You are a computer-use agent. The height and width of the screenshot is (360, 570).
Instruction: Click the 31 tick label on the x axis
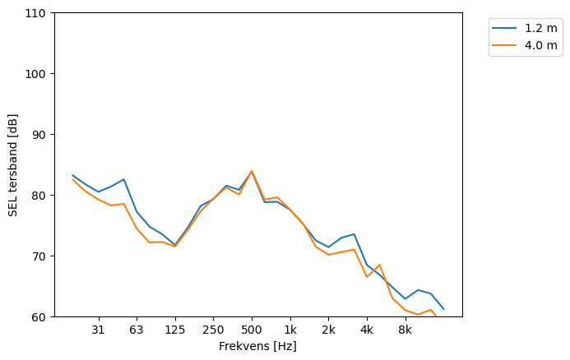(98, 330)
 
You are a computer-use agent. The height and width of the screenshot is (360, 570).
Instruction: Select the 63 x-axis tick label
(137, 330)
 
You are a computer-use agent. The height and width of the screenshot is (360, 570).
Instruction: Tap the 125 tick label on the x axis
(174, 330)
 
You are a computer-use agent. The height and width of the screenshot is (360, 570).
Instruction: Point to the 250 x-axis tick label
(213, 330)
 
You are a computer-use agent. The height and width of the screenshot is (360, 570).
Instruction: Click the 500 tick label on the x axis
(252, 330)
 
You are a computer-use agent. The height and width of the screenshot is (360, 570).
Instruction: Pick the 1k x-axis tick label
(290, 330)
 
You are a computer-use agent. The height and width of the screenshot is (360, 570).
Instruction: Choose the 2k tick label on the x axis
(328, 330)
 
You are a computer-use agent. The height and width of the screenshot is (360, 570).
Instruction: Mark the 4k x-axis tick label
(367, 330)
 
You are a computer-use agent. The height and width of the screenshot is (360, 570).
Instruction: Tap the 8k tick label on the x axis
(405, 330)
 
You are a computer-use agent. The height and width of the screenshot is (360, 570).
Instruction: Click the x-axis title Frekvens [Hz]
(257, 347)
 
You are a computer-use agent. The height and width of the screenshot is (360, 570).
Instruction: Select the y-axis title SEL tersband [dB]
(13, 164)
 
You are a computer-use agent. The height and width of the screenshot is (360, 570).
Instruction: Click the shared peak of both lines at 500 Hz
(252, 171)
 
